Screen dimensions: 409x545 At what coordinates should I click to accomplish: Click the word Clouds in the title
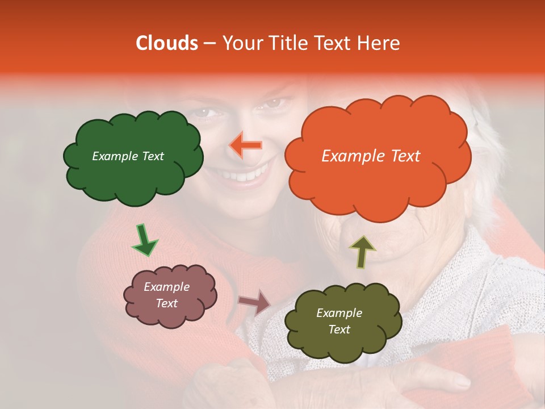[167, 43]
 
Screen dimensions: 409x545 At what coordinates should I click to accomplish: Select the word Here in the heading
[380, 43]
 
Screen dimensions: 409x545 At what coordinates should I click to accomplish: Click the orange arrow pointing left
[246, 145]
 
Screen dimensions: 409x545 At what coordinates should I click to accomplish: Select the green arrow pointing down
[144, 240]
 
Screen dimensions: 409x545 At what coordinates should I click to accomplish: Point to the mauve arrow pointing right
[255, 302]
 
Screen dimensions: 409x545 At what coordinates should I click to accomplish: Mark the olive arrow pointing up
[361, 251]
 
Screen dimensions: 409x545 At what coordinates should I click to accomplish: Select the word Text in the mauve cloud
[167, 303]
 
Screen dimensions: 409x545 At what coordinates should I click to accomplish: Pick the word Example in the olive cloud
[339, 313]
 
